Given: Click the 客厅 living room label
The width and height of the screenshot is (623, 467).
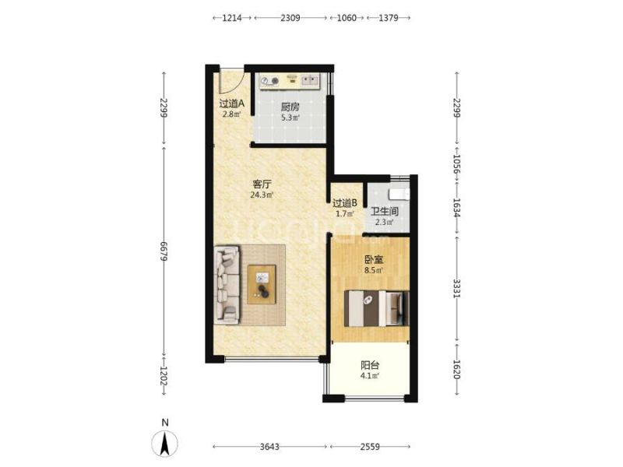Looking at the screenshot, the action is (262, 184).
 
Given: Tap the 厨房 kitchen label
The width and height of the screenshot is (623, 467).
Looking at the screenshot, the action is (290, 107).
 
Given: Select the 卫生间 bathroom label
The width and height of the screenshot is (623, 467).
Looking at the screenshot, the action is (384, 211).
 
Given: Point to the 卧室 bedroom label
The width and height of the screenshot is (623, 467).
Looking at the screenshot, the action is (374, 260).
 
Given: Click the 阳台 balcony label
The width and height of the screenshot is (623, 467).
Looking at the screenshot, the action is (370, 365).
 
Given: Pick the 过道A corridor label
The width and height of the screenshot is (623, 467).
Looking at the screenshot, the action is (231, 104).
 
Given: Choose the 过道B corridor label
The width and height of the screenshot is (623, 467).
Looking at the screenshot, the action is (345, 203).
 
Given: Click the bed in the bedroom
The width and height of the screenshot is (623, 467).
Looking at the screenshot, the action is (376, 308).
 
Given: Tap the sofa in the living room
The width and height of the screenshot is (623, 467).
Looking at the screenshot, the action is (227, 285).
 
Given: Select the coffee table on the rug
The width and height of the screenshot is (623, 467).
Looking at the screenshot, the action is (262, 284).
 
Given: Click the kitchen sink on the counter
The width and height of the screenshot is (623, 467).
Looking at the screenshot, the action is (310, 81).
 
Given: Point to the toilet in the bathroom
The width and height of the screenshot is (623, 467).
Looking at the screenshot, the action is (399, 194).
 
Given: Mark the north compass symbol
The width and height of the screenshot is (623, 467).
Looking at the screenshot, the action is (164, 442).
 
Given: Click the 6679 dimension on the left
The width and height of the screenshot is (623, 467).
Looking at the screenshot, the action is (164, 251).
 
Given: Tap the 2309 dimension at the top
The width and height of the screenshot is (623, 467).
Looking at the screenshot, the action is (290, 18).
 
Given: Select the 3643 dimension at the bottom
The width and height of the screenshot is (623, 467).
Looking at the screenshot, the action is (269, 447).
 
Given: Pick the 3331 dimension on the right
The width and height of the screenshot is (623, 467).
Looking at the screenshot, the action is (456, 289).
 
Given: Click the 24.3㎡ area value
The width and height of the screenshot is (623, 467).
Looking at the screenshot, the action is (262, 195).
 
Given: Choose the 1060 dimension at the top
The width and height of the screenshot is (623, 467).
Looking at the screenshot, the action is (347, 18).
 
